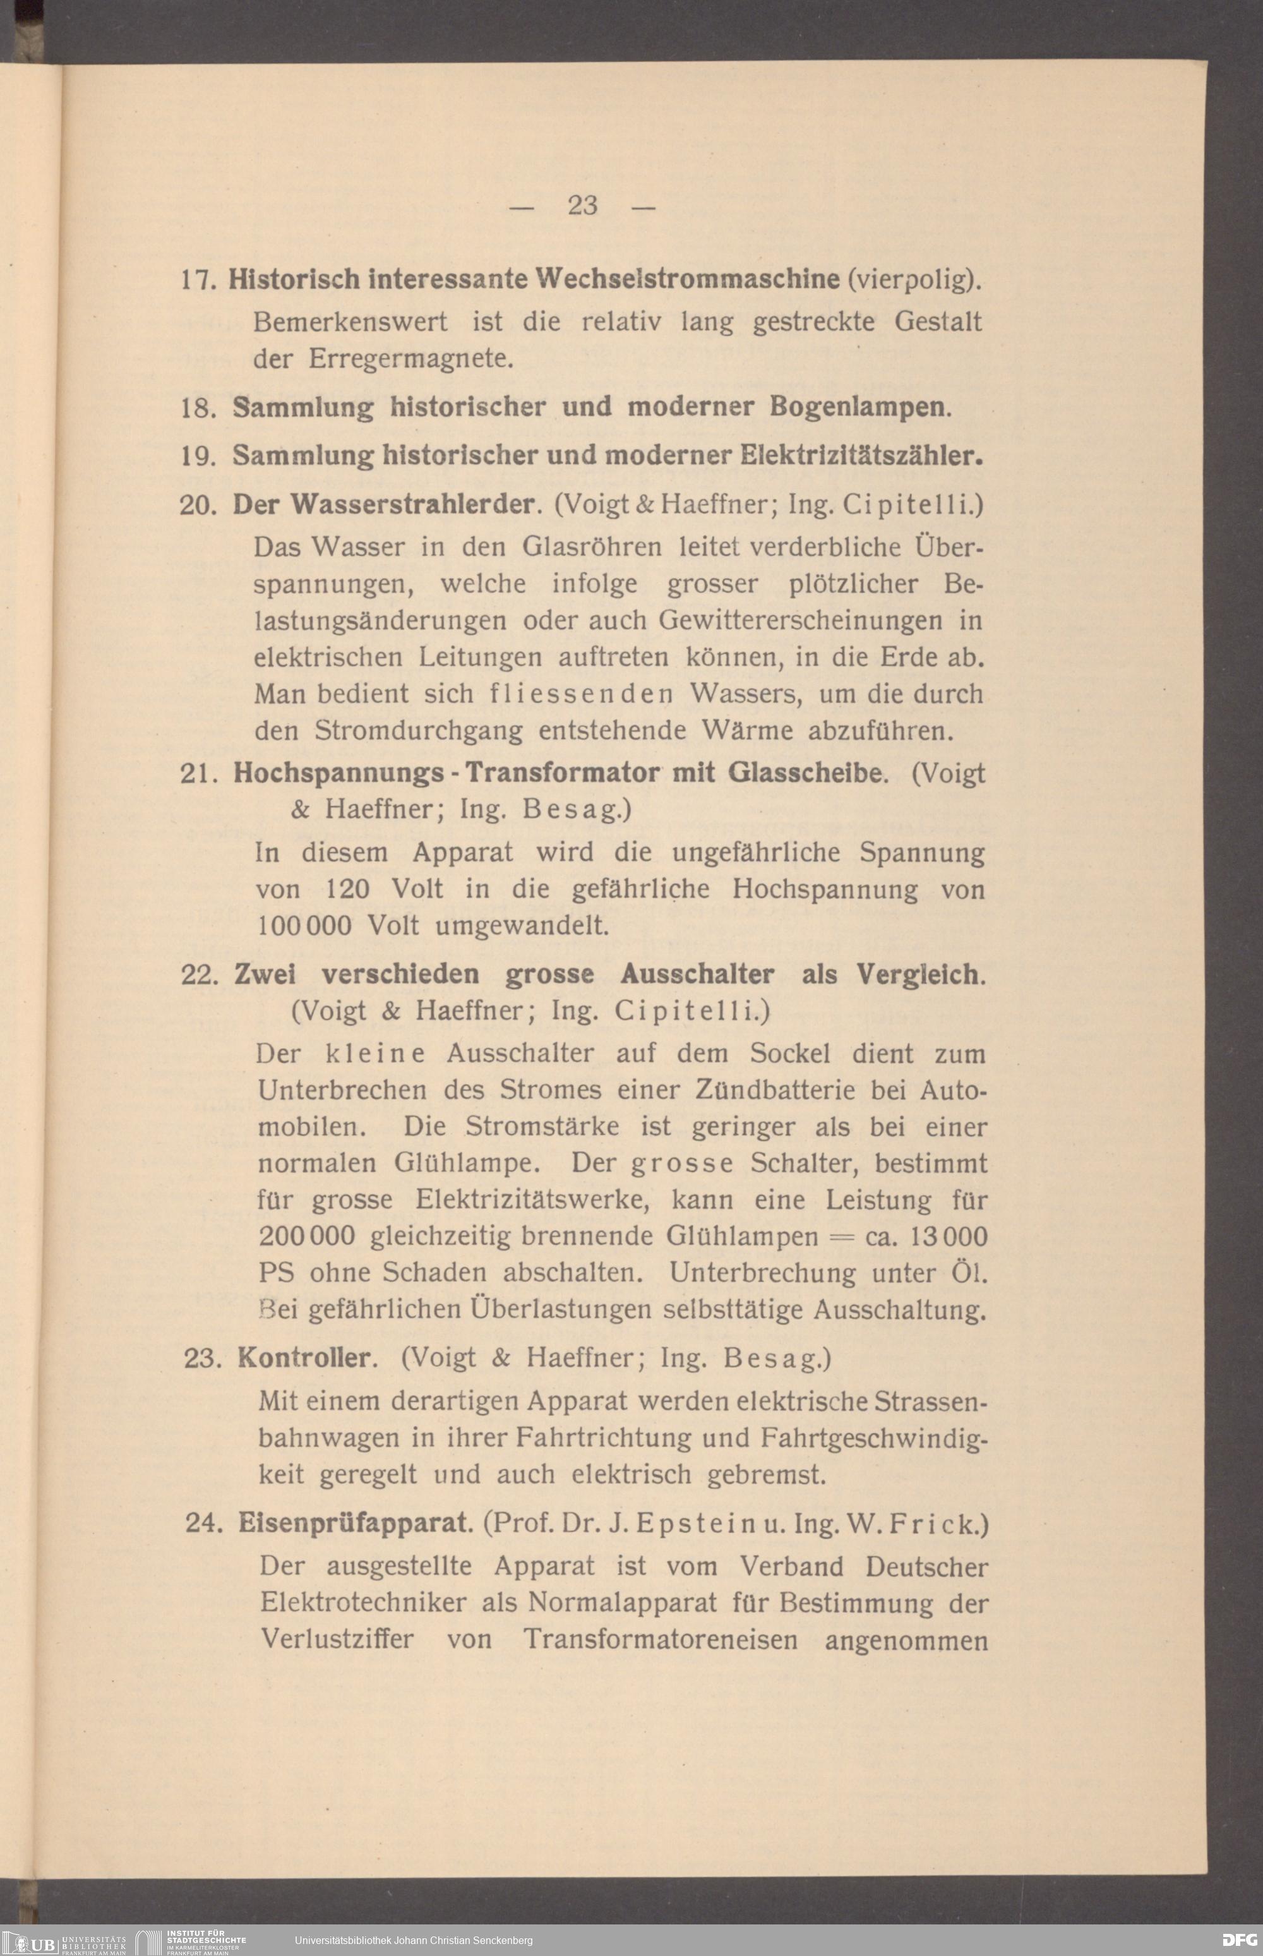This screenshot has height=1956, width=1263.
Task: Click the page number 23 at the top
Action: click(x=582, y=205)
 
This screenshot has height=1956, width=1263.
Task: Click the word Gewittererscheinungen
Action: click(x=801, y=620)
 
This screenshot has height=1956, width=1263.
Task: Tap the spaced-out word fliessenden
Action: click(x=582, y=694)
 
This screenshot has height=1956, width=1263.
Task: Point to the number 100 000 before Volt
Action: click(x=304, y=926)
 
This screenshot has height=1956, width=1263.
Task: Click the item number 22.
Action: click(x=198, y=975)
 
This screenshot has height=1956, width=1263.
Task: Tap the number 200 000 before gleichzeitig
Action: click(x=307, y=1236)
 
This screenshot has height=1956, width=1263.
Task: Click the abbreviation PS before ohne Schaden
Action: click(x=277, y=1273)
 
